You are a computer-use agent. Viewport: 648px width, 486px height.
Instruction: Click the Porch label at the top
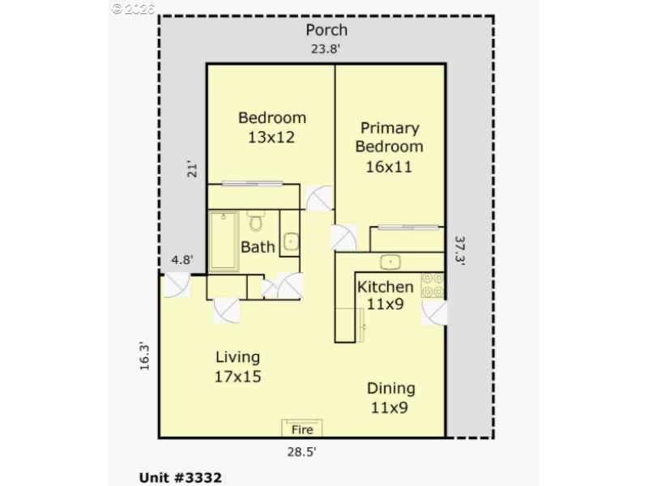(x=326, y=30)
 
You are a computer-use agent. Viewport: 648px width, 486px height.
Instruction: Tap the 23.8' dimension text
(x=326, y=49)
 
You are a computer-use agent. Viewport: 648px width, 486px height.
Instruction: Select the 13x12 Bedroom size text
(x=271, y=138)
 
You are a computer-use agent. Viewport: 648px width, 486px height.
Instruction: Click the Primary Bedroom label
(x=390, y=137)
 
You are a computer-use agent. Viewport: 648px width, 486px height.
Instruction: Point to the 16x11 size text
(x=390, y=168)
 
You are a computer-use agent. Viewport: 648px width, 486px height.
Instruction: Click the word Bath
(x=258, y=246)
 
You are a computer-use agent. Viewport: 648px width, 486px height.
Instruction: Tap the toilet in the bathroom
(x=256, y=220)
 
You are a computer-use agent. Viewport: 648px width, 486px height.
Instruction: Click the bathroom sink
(x=289, y=243)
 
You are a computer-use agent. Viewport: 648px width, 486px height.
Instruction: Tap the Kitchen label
(x=386, y=287)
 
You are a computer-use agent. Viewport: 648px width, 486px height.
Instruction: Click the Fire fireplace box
(x=302, y=428)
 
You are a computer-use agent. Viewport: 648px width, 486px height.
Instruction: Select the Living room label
(x=237, y=357)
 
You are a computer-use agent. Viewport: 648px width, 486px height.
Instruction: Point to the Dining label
(x=391, y=388)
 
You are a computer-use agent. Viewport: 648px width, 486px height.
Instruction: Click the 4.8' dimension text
(x=181, y=261)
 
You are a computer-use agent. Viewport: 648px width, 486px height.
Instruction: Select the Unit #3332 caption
(x=176, y=477)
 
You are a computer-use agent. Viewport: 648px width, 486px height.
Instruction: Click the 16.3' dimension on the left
(x=144, y=356)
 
